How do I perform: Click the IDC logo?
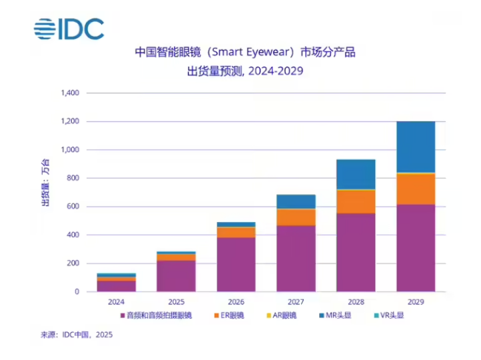pyautogui.click(x=69, y=28)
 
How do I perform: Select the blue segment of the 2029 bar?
pyautogui.click(x=416, y=147)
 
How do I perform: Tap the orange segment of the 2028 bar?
pyautogui.click(x=356, y=201)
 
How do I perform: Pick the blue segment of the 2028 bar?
pyautogui.click(x=356, y=174)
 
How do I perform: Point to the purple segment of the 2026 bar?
pyautogui.click(x=236, y=265)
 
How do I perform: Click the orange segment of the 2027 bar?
pyautogui.click(x=296, y=217)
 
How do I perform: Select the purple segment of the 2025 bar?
pyautogui.click(x=176, y=276)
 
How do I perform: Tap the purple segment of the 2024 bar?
pyautogui.click(x=116, y=286)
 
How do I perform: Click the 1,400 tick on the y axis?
pyautogui.click(x=69, y=93)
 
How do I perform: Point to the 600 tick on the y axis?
pyautogui.click(x=73, y=207)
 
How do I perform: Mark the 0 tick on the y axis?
pyautogui.click(x=77, y=292)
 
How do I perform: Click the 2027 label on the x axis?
pyautogui.click(x=296, y=301)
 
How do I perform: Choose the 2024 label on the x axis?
pyautogui.click(x=116, y=301)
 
